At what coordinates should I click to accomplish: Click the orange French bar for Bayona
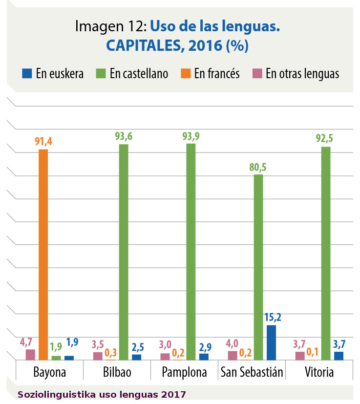(43, 254)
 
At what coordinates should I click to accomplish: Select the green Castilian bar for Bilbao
(124, 252)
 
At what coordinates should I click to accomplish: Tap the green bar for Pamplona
(191, 252)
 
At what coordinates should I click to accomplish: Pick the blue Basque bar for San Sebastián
(271, 342)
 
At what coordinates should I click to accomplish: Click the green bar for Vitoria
(326, 253)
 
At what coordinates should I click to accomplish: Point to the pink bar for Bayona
(30, 354)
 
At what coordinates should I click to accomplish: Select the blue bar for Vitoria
(339, 356)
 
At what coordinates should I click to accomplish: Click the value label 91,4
(43, 142)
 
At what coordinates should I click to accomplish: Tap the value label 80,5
(258, 167)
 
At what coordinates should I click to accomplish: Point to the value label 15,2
(273, 317)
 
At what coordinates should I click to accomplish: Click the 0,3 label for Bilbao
(111, 352)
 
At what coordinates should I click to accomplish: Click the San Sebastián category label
(252, 372)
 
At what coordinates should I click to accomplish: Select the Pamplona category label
(184, 372)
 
